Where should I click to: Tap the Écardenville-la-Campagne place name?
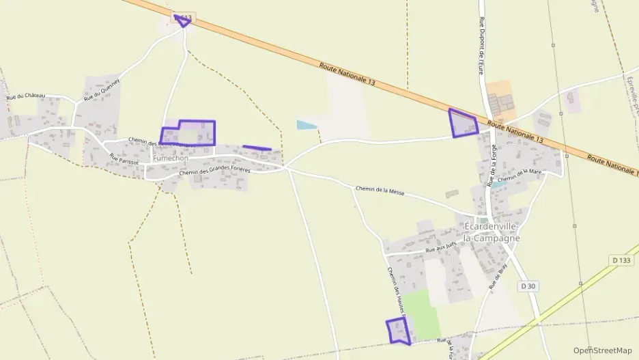click(x=491, y=232)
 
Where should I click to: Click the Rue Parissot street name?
click(x=124, y=161)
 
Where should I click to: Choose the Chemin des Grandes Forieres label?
click(x=214, y=171)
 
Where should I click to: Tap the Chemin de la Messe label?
click(x=380, y=192)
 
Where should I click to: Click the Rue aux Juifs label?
click(x=441, y=251)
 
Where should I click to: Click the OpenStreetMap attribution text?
click(x=603, y=350)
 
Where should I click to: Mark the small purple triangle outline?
click(x=182, y=20)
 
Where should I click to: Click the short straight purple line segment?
click(x=257, y=148)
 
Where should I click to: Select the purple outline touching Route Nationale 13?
click(x=463, y=123)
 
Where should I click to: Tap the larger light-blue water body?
click(x=307, y=125)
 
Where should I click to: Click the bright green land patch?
click(x=425, y=314)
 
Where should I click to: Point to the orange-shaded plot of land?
click(x=499, y=92)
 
